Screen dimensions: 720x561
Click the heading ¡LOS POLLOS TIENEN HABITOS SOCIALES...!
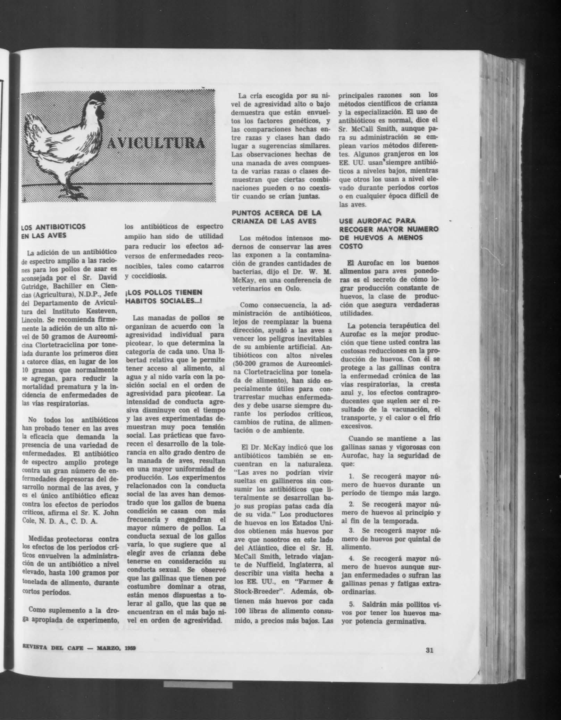pos(164,296)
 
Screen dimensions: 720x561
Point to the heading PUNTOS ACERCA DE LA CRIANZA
pos(277,216)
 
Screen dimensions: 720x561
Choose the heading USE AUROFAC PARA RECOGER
pos(389,233)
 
